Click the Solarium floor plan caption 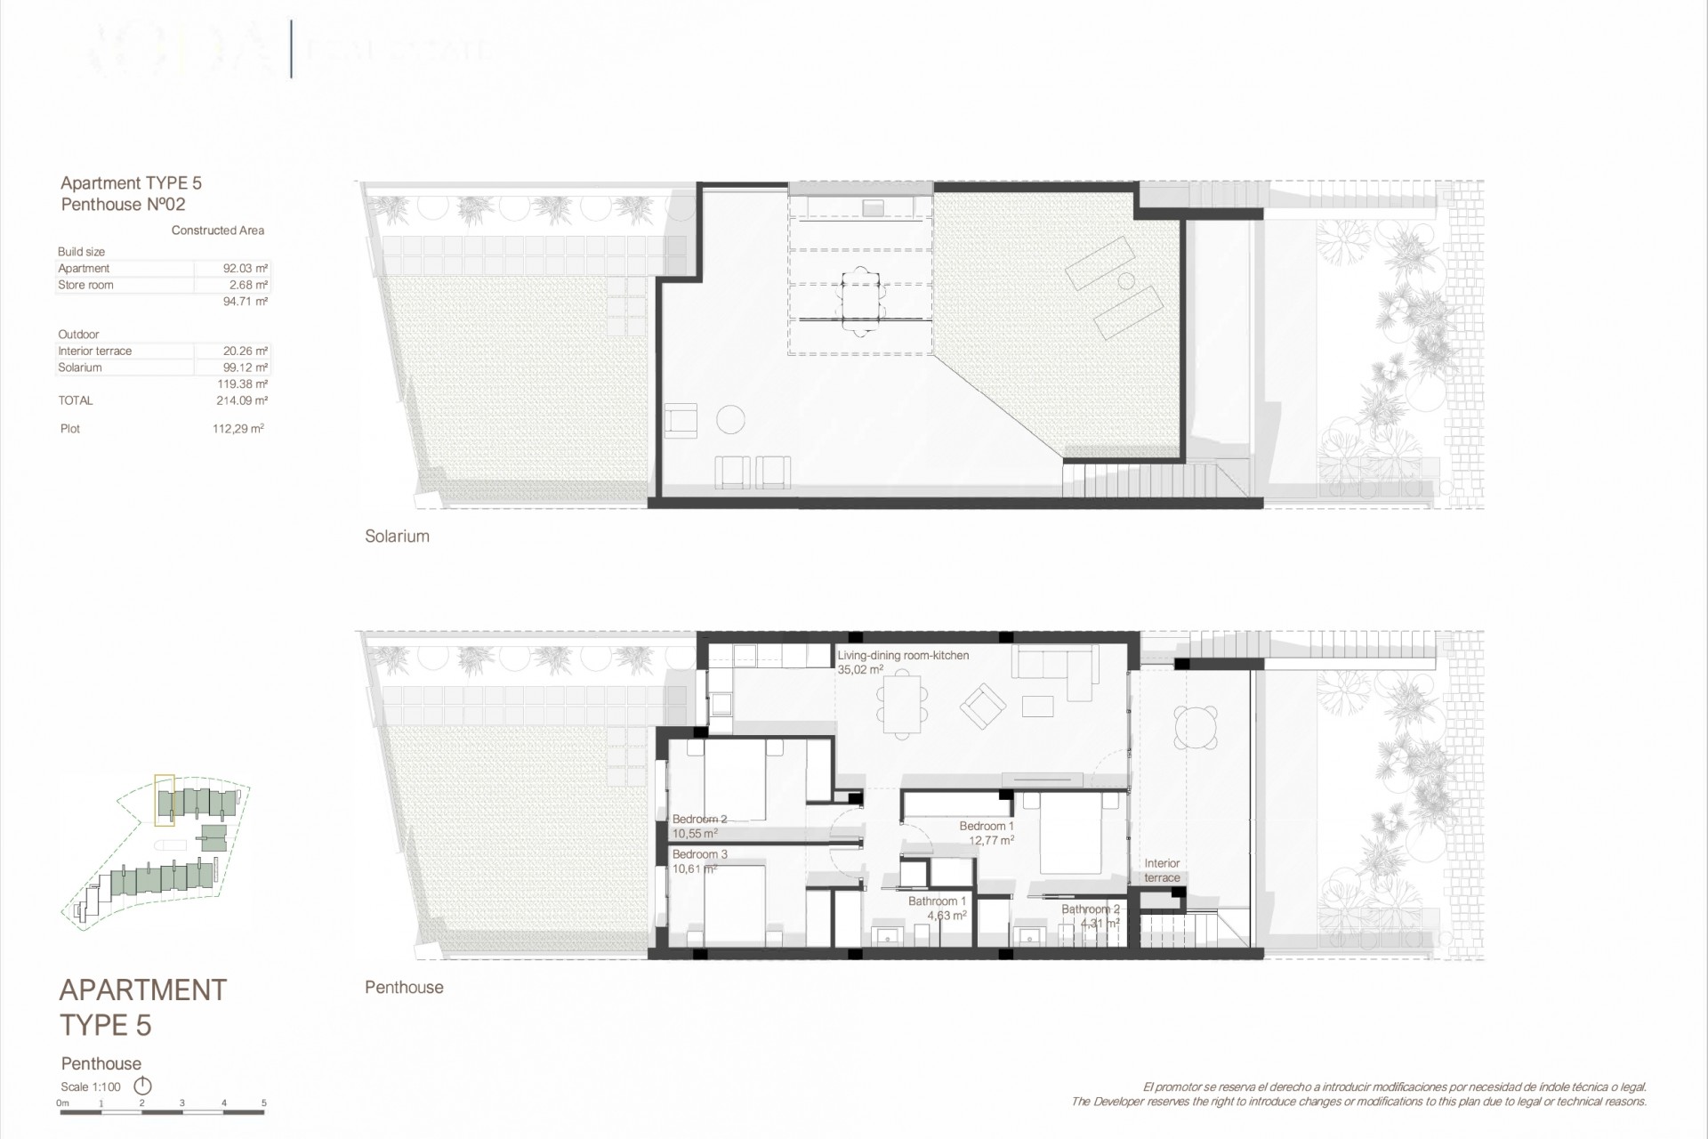[x=397, y=536]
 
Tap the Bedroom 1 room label [x=987, y=827]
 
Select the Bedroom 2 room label [x=699, y=820]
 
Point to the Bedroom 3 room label [x=699, y=854]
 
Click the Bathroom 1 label [x=937, y=901]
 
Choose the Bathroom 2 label [x=1090, y=909]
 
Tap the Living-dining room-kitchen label [x=903, y=656]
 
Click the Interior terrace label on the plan [x=1162, y=870]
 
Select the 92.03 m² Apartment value [x=246, y=269]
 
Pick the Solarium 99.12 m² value [x=246, y=368]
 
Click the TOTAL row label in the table [x=76, y=400]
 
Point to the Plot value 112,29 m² [x=238, y=429]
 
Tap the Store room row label [x=85, y=286]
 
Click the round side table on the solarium [x=730, y=419]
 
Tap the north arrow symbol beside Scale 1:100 [x=142, y=1086]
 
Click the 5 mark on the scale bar [x=264, y=1103]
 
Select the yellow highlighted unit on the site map [x=164, y=796]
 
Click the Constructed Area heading [x=218, y=230]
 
